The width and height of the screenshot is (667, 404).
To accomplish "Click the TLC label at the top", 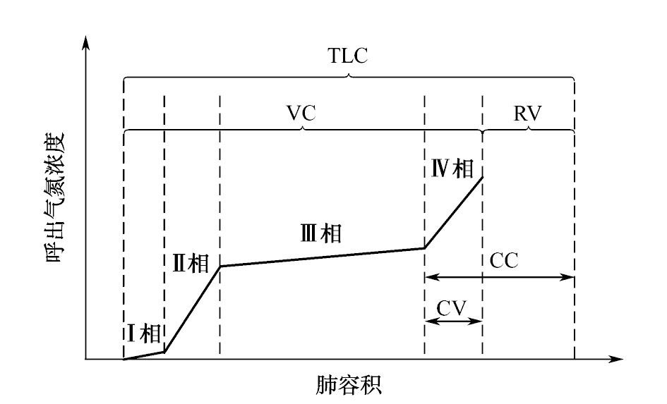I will click(x=348, y=57).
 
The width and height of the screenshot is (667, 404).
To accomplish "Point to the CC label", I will click(x=504, y=261).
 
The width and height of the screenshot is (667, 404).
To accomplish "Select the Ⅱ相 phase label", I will click(x=191, y=263).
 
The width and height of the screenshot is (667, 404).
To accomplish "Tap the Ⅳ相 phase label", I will click(x=452, y=169).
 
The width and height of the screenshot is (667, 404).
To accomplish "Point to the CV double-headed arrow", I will click(x=453, y=321).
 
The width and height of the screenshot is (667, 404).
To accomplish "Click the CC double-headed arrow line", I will click(x=499, y=277).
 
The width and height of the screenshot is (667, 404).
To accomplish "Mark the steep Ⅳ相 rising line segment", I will click(x=453, y=212).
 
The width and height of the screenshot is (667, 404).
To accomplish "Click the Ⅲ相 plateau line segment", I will click(x=322, y=257).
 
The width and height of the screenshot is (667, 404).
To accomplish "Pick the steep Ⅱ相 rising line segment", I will click(x=192, y=309).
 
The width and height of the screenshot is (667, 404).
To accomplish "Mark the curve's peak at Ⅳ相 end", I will click(x=482, y=176).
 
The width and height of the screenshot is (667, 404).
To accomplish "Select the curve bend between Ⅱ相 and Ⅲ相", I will click(x=220, y=266).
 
